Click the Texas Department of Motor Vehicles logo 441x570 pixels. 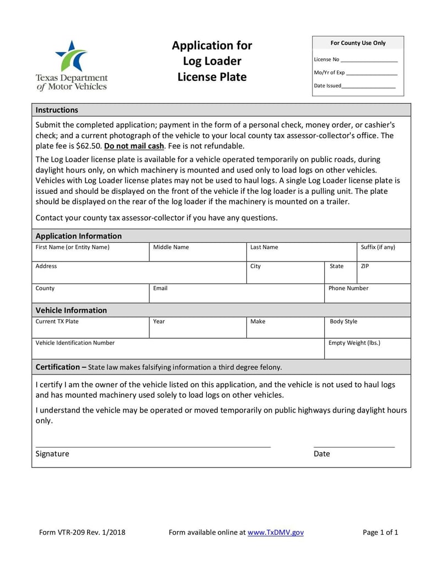click(71, 65)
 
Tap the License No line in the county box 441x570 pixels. click(369, 60)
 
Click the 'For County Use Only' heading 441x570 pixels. click(358, 43)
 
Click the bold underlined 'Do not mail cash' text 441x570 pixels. click(134, 146)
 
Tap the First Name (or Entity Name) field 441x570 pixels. click(90, 254)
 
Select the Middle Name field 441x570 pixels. click(197, 254)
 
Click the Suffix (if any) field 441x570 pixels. click(384, 254)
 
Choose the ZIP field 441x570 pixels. click(384, 274)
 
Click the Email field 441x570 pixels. click(236, 295)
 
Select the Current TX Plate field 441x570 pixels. click(90, 329)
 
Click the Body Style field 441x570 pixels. click(367, 329)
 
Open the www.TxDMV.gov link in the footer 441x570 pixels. click(276, 533)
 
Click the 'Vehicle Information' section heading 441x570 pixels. click(71, 310)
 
